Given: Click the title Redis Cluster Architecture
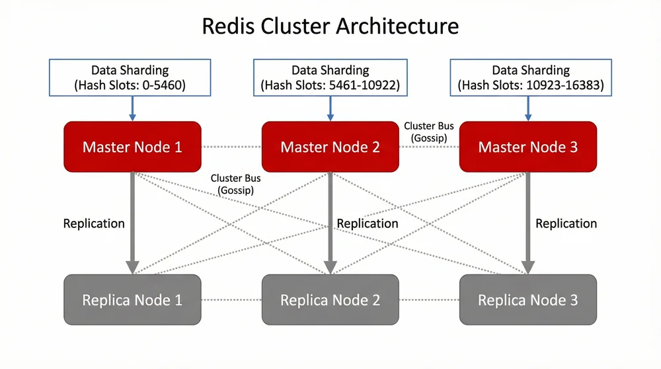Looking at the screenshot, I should tap(330, 27).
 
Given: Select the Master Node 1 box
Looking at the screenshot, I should tap(132, 147).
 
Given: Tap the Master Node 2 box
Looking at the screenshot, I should tap(330, 147).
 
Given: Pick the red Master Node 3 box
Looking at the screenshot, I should tap(527, 147).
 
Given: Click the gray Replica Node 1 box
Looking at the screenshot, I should tap(132, 300).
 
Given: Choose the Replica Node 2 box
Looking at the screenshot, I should tap(330, 300).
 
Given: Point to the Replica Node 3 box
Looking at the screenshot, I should tap(527, 300).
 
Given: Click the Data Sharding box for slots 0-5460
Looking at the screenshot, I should tap(130, 77).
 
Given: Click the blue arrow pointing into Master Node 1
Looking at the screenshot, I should tap(132, 108).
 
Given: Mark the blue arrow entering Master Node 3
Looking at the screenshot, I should tap(527, 108).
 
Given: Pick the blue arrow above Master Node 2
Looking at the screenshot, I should tap(330, 108).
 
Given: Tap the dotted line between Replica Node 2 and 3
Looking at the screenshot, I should tap(429, 300).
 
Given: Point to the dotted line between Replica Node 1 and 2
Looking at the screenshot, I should tap(231, 300).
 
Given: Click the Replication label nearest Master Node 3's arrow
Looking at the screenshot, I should tap(566, 224).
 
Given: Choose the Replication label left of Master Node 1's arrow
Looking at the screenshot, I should tap(94, 224).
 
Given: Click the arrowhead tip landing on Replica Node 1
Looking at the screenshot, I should tap(132, 270).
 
